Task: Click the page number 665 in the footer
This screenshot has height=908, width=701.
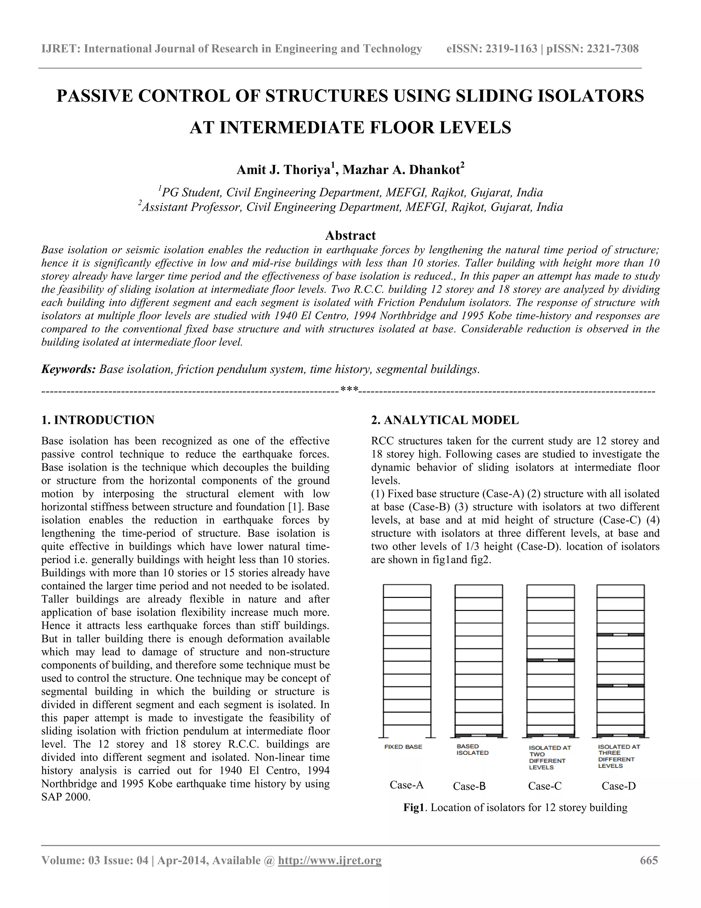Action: point(649,860)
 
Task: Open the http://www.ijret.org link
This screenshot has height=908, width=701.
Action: point(329,860)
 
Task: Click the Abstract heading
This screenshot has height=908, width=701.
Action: point(350,235)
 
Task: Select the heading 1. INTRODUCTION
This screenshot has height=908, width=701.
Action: point(98,420)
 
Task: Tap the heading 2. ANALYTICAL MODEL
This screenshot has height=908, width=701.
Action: point(445,420)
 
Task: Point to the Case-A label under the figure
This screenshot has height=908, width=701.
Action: point(406,785)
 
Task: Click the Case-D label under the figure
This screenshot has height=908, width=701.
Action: point(619,786)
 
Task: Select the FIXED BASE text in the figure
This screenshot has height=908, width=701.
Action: point(403,747)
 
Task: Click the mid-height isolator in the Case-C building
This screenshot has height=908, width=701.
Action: point(550,660)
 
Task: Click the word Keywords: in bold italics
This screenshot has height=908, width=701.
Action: point(68,369)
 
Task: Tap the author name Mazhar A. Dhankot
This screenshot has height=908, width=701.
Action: point(401,170)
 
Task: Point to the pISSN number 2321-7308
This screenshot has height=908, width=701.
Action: point(613,49)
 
